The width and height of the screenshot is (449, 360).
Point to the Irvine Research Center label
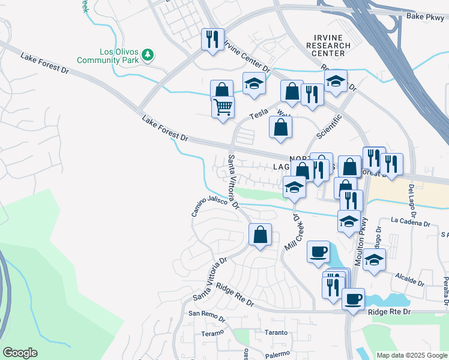[328, 45]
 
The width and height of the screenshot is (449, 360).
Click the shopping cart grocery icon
[222, 107]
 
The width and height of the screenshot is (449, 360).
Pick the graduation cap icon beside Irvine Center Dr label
[254, 84]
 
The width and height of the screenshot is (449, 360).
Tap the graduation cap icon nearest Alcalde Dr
[374, 259]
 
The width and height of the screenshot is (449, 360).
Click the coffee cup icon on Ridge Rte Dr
[353, 298]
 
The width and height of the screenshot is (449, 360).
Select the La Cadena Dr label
[411, 223]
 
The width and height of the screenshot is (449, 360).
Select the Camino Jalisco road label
[215, 206]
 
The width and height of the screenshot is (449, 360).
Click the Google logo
[20, 353]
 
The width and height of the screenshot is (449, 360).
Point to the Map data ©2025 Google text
[411, 355]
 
